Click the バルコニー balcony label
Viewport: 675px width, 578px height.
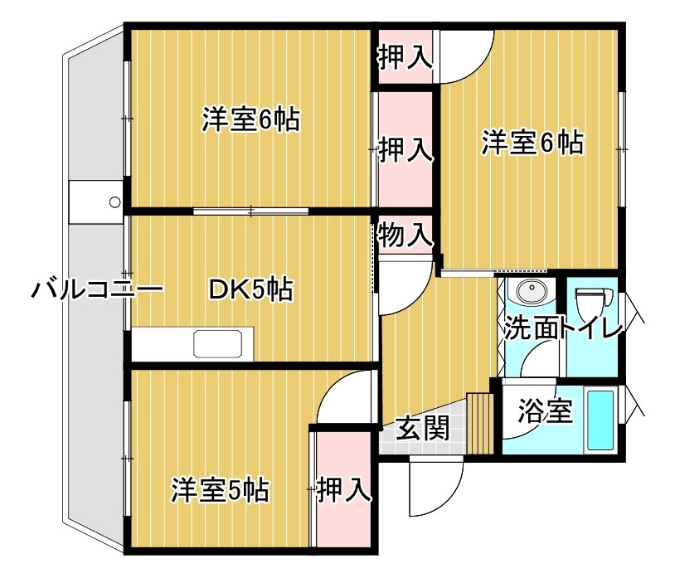tap(98, 290)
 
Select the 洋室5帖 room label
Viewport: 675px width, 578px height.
tap(220, 490)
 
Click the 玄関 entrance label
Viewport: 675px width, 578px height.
tap(422, 428)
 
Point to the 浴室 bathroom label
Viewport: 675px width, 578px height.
tap(545, 411)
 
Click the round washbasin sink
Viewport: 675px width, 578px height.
tap(529, 292)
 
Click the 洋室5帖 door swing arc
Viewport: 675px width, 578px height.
tap(344, 398)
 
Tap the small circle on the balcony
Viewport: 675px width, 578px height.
tap(115, 202)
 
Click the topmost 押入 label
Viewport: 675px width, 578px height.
tap(405, 57)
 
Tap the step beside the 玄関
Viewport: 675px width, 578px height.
tap(479, 423)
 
